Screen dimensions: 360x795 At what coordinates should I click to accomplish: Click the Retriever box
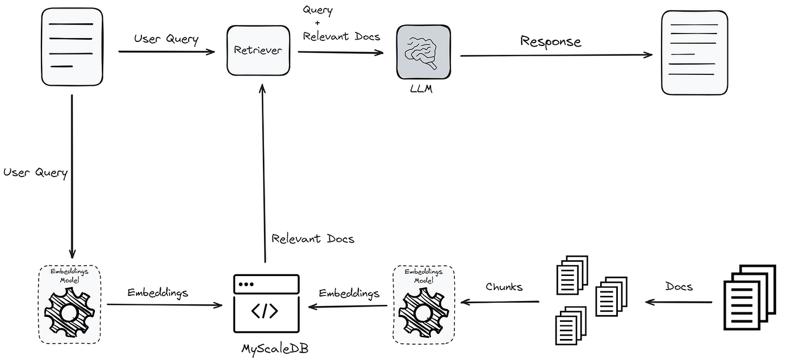click(x=258, y=50)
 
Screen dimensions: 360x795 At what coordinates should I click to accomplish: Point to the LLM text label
click(x=421, y=89)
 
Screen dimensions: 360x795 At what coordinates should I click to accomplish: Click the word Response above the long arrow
click(x=551, y=41)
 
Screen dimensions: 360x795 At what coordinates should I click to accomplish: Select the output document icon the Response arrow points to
click(x=694, y=52)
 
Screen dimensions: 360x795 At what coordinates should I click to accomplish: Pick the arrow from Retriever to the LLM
click(x=341, y=52)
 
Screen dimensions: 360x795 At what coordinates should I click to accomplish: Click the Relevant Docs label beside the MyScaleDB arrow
click(x=312, y=238)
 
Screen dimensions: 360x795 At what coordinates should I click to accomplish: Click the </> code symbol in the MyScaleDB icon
click(x=265, y=311)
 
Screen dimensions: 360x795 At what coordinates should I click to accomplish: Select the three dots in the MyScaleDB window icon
click(x=246, y=283)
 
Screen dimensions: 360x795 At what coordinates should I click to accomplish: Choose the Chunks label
click(x=504, y=287)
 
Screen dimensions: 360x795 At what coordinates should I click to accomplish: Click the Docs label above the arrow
click(x=679, y=287)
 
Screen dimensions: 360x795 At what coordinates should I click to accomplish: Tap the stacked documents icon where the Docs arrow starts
click(x=749, y=297)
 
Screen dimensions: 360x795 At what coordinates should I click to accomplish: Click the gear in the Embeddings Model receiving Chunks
click(x=422, y=313)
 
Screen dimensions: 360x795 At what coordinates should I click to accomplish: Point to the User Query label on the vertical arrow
click(x=35, y=173)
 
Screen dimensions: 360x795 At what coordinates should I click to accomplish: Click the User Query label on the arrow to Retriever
click(x=166, y=39)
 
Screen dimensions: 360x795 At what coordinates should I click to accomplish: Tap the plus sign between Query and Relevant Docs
click(x=317, y=23)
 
